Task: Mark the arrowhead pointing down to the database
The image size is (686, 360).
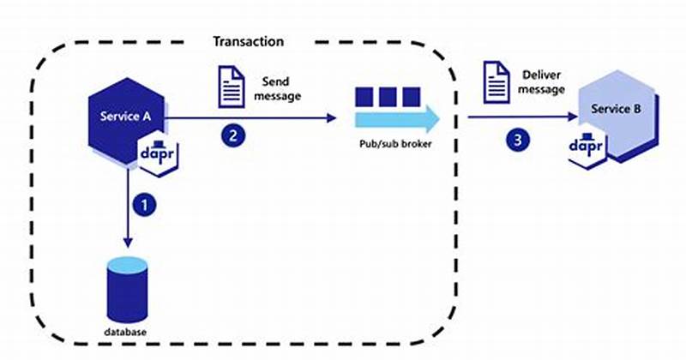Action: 126,243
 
